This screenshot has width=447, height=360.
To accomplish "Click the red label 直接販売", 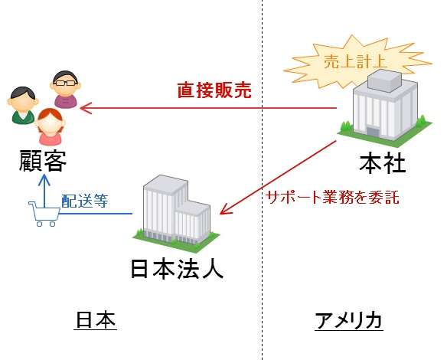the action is tap(214, 90).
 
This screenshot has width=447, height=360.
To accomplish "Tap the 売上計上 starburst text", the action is tap(355, 61).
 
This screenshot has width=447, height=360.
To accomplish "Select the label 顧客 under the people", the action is tap(42, 161).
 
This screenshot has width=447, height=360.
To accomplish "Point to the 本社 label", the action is tap(383, 164).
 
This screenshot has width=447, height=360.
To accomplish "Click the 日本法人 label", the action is tap(177, 269).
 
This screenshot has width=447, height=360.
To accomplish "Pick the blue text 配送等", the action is tap(85, 201).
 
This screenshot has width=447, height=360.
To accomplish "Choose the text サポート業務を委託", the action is tap(333, 197).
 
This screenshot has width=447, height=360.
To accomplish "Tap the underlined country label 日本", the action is tap(96, 319).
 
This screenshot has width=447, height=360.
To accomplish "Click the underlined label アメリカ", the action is tap(349, 320).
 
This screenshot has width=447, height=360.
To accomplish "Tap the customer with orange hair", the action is tap(51, 126).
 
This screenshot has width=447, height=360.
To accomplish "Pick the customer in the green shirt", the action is tap(23, 105).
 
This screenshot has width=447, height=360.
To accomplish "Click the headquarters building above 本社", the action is tap(385, 109).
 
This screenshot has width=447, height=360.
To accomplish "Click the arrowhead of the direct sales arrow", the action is tap(86, 108).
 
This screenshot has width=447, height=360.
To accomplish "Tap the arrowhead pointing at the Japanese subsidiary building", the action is tap(225, 210).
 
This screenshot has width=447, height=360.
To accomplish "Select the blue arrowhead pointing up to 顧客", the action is tap(44, 179).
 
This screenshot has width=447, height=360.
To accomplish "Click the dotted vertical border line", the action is tap(262, 180).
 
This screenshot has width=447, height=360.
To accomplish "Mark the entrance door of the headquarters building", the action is tap(373, 132).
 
